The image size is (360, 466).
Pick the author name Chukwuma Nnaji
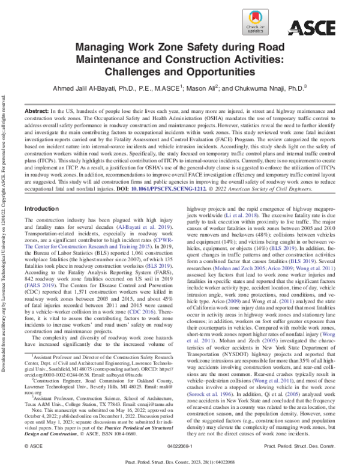(x=268, y=87)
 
